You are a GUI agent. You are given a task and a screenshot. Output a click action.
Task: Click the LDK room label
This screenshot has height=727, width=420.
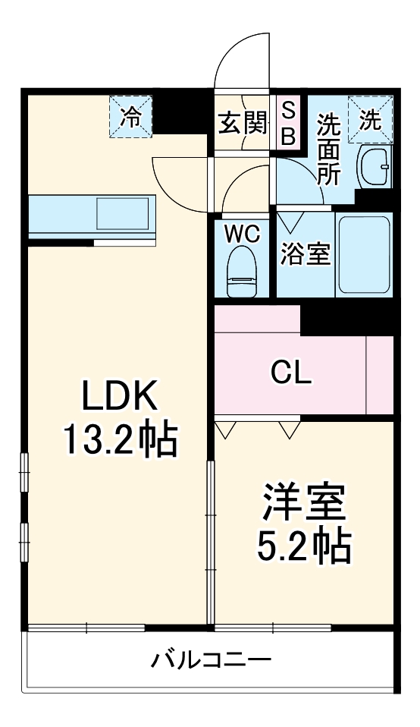click(119, 395)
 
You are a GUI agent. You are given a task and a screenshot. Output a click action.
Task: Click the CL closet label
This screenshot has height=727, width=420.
click(291, 373)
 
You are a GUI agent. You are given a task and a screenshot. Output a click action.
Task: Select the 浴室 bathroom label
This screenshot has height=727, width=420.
click(305, 255)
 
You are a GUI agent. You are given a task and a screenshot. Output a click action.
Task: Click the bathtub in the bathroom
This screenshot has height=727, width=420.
click(363, 254)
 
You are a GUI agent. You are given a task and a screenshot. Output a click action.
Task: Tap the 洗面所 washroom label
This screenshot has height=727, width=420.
click(328, 149)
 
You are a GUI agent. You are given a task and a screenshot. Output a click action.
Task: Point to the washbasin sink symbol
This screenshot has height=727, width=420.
click(373, 165)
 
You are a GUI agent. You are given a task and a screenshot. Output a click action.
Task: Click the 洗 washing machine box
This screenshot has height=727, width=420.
click(370, 119)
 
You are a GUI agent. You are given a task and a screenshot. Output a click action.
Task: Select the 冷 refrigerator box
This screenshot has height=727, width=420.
click(131, 117)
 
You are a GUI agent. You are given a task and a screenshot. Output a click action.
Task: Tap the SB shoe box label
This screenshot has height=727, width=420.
click(288, 124)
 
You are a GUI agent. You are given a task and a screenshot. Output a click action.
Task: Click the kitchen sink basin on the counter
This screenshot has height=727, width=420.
click(122, 214)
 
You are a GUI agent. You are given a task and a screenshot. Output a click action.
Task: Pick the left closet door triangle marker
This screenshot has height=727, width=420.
click(225, 430)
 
